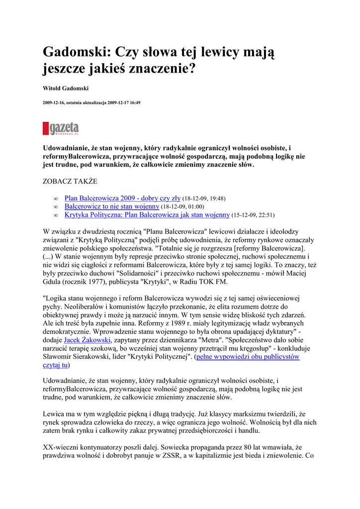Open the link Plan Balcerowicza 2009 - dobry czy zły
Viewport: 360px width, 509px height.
122,198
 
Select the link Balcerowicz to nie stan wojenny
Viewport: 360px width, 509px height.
112,206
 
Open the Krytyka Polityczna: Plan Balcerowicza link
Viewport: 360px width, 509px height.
147,215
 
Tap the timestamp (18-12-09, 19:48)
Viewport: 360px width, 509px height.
204,198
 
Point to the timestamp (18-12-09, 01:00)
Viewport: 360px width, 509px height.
182,207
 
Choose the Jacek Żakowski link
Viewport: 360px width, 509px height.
87,340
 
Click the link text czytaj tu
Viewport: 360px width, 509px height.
55,365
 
